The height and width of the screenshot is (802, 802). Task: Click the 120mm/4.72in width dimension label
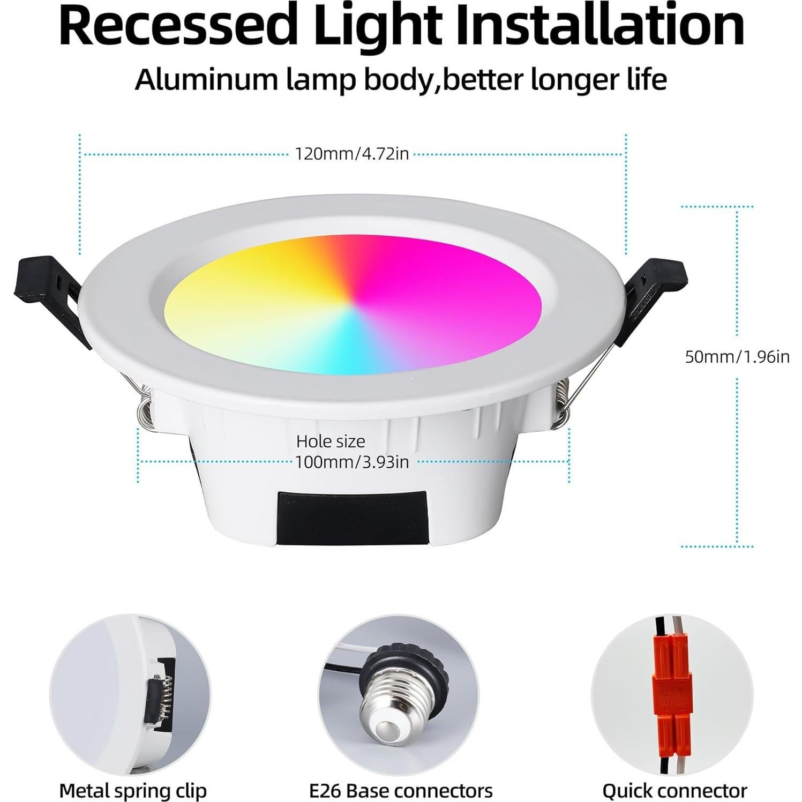point(352,154)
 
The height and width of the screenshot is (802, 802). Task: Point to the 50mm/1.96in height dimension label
point(737,356)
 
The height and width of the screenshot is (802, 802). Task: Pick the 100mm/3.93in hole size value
point(352,461)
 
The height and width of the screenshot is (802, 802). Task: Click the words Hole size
point(331,441)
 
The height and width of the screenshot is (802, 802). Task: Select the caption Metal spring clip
point(133,791)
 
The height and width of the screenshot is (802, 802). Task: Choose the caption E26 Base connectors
point(401,791)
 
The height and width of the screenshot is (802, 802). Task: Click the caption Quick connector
point(674,791)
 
